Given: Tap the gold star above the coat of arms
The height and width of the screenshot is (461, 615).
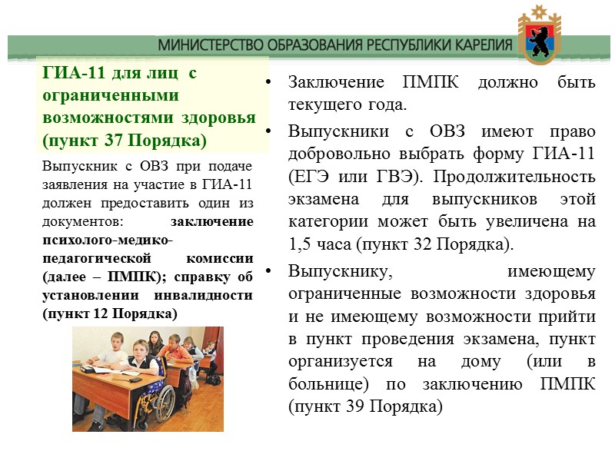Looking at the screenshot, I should point(545,12).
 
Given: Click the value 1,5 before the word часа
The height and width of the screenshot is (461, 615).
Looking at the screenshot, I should point(302,244).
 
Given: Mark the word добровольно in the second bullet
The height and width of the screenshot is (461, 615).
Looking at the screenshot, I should point(337,154).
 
